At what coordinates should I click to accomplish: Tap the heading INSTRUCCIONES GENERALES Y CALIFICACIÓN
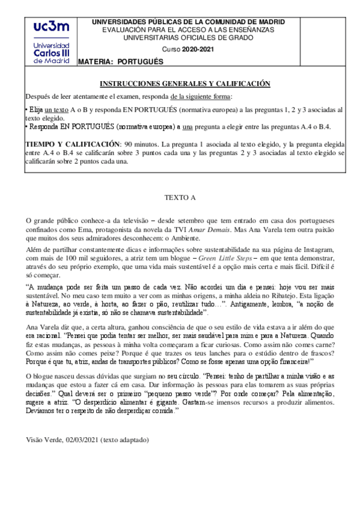click(185, 84)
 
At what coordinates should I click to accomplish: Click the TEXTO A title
click(180, 197)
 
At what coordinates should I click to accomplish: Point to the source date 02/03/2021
click(79, 440)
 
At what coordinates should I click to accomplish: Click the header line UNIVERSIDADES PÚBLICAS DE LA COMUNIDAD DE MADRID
click(188, 22)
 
